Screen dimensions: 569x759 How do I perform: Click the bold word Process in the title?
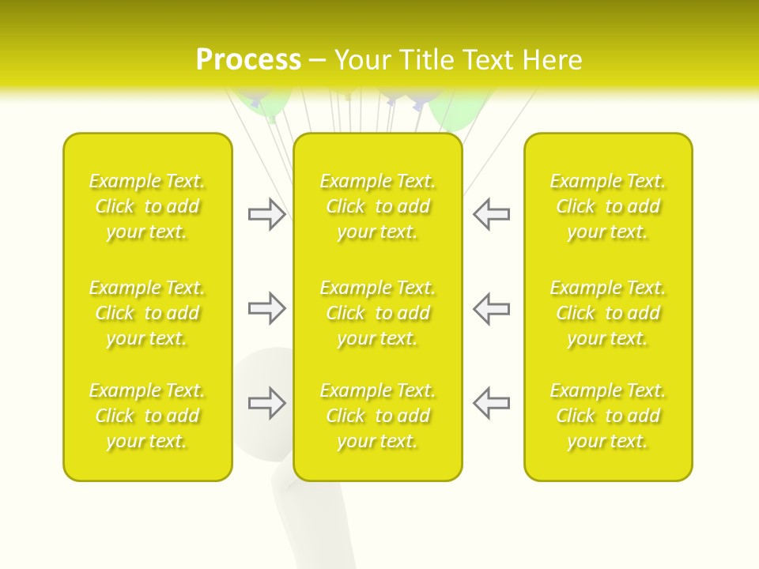(248, 60)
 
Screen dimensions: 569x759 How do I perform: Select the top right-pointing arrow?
(266, 214)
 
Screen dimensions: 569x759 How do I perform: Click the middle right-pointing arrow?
(266, 308)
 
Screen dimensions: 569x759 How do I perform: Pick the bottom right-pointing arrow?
(266, 403)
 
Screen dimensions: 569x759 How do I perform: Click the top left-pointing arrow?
(492, 214)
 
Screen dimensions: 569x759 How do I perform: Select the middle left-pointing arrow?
(492, 308)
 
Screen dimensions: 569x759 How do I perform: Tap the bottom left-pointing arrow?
(492, 403)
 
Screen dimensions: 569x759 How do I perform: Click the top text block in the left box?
(147, 206)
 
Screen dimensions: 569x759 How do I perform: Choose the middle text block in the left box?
(147, 313)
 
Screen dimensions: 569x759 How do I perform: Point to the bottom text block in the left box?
(147, 416)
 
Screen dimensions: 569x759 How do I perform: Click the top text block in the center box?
(378, 206)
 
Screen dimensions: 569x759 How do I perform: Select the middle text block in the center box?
(378, 313)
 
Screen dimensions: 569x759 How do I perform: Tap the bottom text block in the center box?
(378, 416)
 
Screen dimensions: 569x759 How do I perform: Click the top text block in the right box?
(608, 206)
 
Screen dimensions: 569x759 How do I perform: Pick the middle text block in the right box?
(608, 313)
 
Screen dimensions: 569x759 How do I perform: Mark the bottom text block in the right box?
(608, 416)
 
